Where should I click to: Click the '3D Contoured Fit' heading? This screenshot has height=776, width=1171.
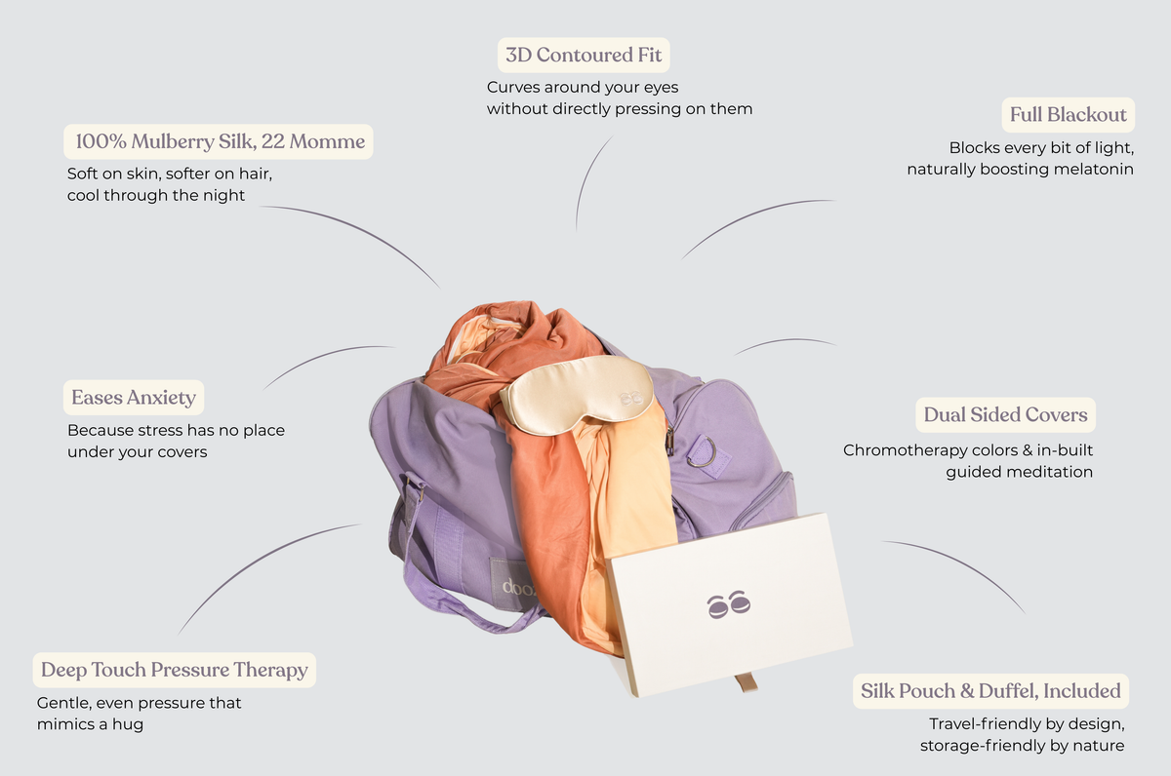584,55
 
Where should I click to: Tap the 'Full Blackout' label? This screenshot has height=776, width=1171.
1068,115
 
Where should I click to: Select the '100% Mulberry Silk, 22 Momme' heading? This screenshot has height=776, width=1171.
221,141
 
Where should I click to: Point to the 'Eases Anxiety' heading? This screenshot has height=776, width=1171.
134,398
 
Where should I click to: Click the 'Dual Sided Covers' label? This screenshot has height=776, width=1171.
1005,414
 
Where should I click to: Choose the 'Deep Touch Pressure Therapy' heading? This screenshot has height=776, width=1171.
174,670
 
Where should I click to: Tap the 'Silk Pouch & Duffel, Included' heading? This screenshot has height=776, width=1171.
990,691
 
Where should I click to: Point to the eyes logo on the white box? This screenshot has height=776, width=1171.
729,604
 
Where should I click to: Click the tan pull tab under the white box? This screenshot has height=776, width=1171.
747,682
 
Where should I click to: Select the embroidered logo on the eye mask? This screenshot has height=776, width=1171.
630,399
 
